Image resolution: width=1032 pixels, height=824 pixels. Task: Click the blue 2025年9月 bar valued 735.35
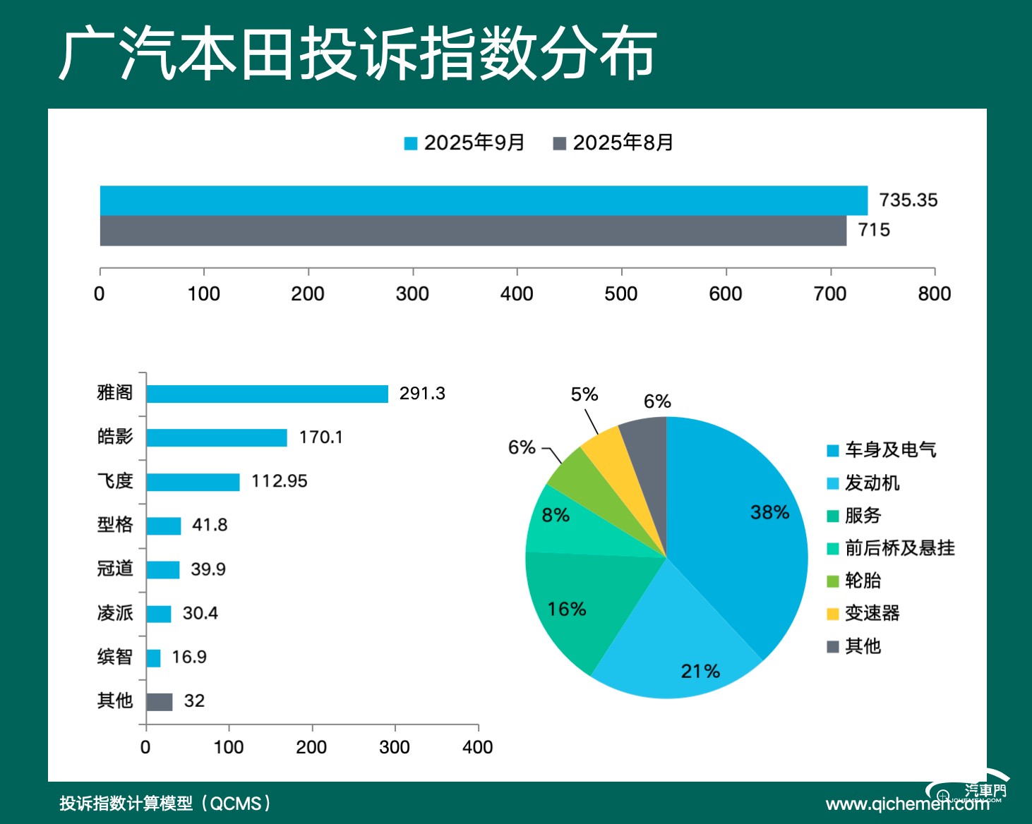[484, 200]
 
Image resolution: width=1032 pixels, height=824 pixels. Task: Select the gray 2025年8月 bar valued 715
[473, 231]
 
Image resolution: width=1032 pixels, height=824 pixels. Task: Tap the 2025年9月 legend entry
[465, 143]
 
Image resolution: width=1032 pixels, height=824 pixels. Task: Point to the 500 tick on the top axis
[621, 293]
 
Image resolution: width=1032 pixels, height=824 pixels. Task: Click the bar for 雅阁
[267, 394]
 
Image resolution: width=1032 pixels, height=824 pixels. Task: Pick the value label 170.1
[320, 437]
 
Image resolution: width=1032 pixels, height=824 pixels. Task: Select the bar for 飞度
[193, 482]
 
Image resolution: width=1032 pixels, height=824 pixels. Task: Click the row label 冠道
[115, 569]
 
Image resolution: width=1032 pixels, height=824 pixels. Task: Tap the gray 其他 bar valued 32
[159, 702]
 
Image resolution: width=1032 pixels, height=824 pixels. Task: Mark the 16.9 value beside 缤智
[189, 658]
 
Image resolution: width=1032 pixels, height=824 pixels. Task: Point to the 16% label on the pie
[567, 609]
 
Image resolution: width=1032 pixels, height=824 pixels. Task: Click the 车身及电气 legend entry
[882, 450]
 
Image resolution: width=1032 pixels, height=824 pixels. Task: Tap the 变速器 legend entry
[864, 613]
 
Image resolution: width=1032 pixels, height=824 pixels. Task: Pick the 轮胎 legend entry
[855, 581]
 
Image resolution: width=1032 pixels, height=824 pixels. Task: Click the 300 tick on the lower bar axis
[395, 747]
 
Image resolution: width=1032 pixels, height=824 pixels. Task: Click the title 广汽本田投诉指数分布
[357, 54]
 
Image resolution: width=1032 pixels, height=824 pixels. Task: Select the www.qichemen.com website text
[907, 804]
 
